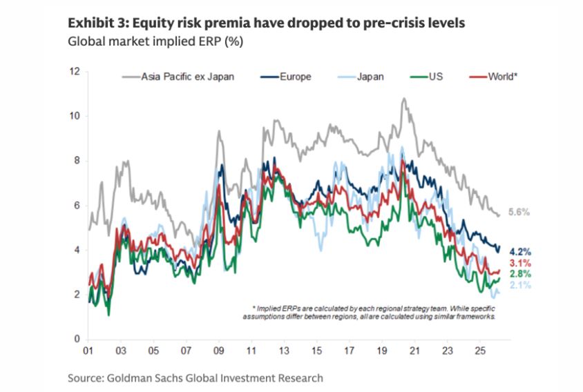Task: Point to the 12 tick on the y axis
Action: tap(75, 71)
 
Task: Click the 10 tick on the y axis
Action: tap(75, 116)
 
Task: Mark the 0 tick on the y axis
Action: tap(77, 339)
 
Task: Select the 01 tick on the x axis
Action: tap(88, 350)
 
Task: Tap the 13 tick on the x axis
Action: tap(284, 350)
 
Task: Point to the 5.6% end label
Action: tap(519, 213)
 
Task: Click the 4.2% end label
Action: tap(519, 251)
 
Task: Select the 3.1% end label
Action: tap(519, 263)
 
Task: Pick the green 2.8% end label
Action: tap(519, 274)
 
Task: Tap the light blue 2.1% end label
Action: tap(519, 285)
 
